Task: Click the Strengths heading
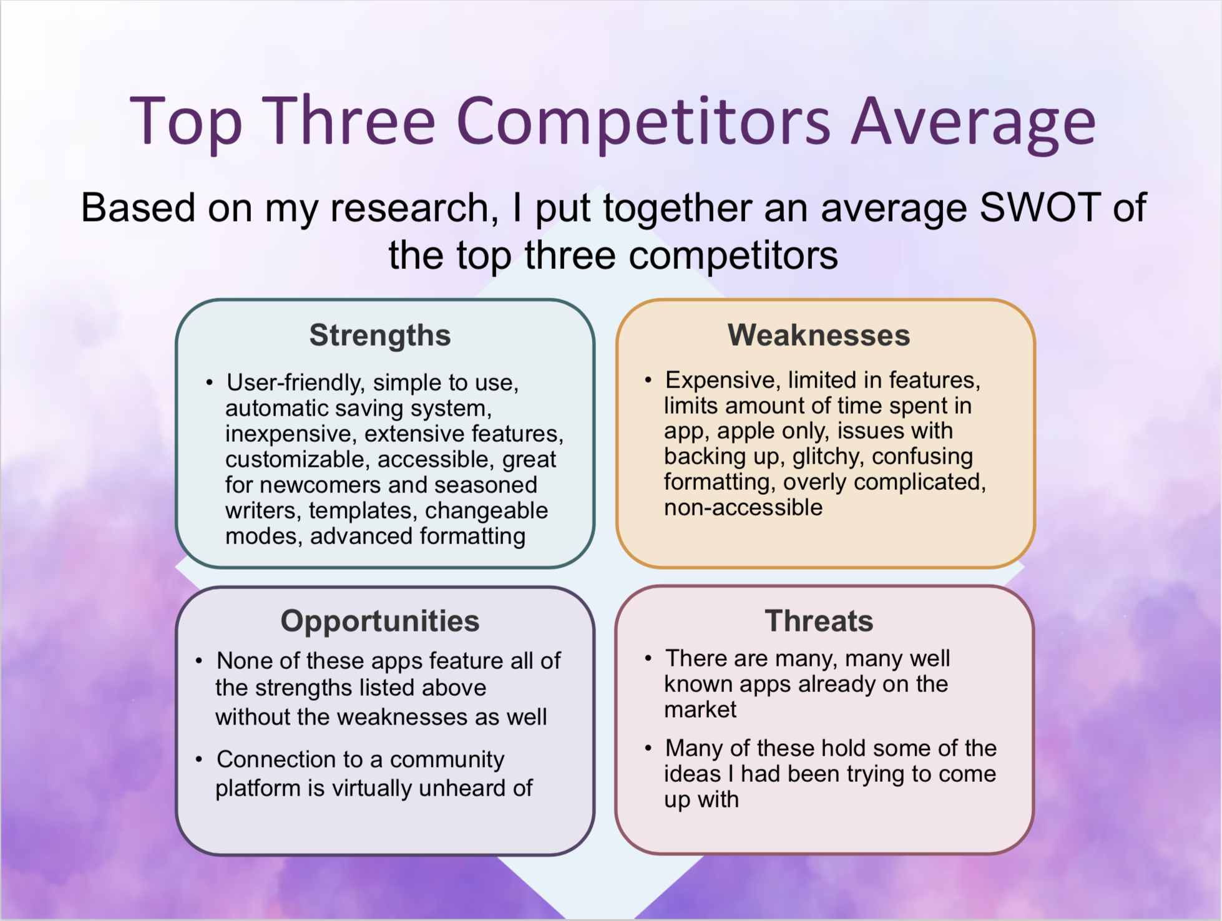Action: click(x=380, y=336)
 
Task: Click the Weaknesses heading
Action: click(x=819, y=335)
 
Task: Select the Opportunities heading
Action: click(x=380, y=622)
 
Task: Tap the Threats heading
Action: click(x=819, y=621)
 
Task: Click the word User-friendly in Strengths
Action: click(x=295, y=383)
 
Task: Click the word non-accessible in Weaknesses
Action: click(x=743, y=507)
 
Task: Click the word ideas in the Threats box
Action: click(x=692, y=774)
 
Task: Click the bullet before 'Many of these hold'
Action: click(x=648, y=748)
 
